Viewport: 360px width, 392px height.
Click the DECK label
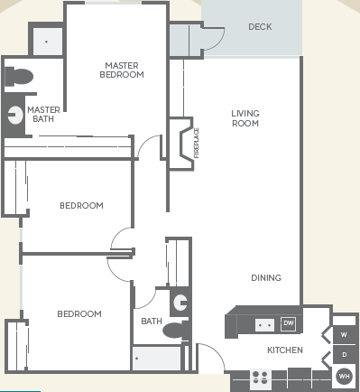point(260,27)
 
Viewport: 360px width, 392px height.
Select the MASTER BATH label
point(43,115)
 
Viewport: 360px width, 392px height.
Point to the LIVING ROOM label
point(245,118)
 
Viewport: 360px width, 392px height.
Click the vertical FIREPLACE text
point(196,143)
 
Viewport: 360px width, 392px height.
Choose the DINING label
point(266,278)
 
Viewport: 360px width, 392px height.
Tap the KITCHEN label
point(284,350)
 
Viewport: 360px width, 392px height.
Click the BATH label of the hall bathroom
point(151,321)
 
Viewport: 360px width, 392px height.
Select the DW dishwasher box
point(288,323)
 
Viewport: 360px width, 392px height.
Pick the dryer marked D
point(344,355)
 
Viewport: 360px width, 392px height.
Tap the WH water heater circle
point(344,376)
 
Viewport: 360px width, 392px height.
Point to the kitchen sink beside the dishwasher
point(264,323)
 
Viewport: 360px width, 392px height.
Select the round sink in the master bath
point(15,115)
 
